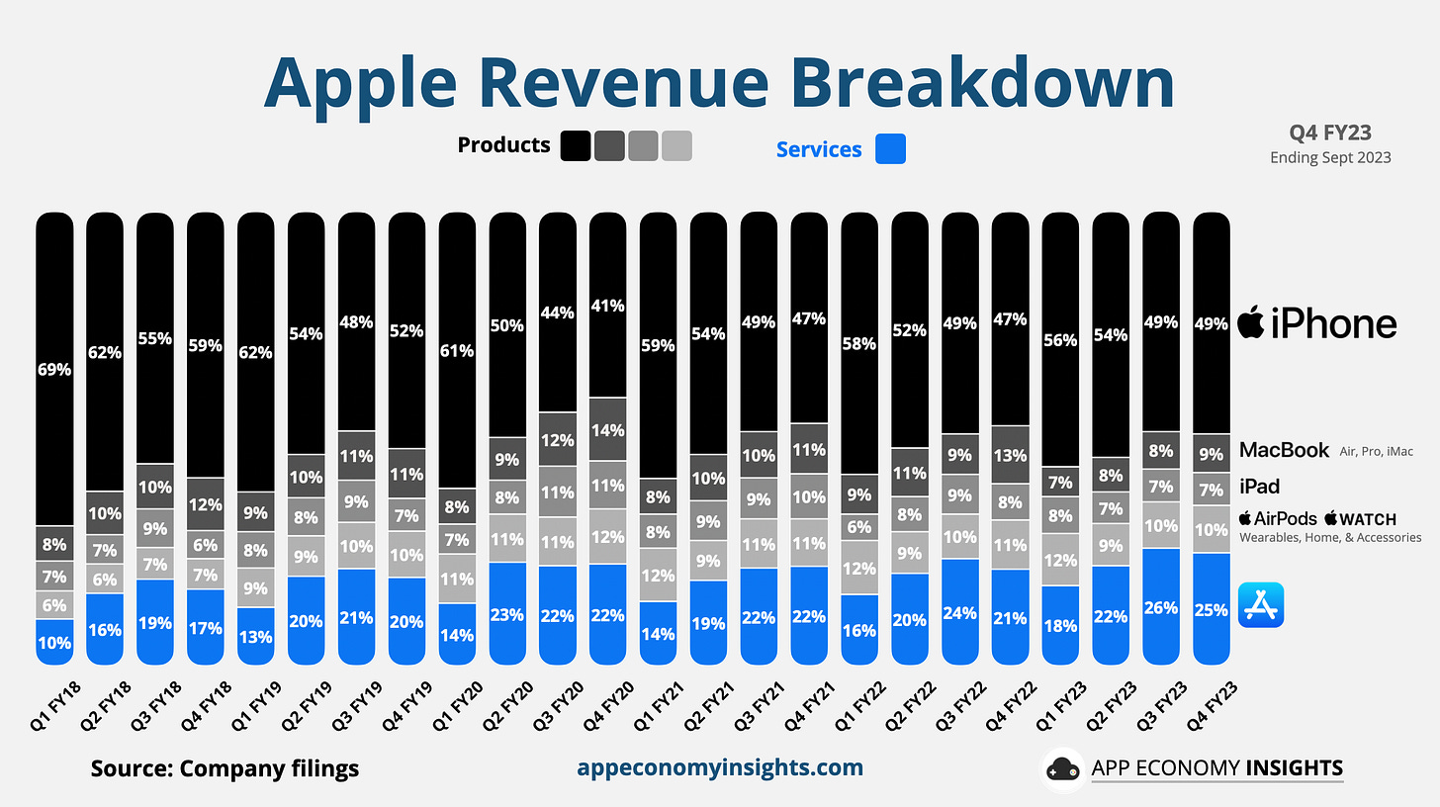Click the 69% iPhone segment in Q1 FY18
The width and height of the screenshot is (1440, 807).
(x=54, y=371)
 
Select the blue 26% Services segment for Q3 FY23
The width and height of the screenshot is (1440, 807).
(x=1161, y=606)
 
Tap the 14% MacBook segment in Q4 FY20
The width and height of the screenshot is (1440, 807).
(x=608, y=431)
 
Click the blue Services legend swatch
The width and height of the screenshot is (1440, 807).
(x=890, y=149)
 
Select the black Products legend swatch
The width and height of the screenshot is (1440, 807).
(x=576, y=145)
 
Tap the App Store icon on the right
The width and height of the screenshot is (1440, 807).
(x=1261, y=604)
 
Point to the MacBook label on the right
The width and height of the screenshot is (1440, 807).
(x=1284, y=450)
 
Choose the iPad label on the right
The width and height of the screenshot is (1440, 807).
(x=1259, y=486)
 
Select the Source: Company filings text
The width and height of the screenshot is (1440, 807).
(x=225, y=768)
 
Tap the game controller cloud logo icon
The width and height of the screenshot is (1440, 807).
(x=1063, y=769)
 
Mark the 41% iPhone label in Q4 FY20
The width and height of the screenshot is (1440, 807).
(x=608, y=307)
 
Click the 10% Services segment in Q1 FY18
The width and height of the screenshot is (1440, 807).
(x=54, y=641)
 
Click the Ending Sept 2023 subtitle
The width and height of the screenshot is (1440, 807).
(x=1330, y=157)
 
